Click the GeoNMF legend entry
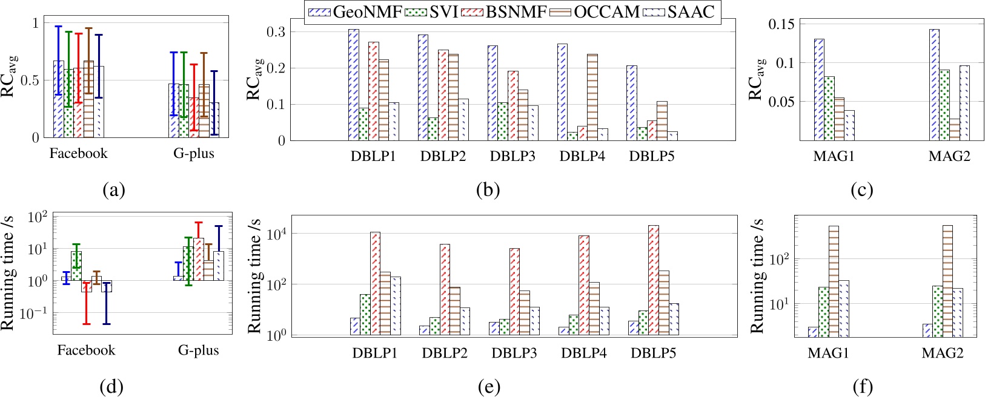[x=354, y=12]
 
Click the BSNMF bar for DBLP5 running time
[x=654, y=280]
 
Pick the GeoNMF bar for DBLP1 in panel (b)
[x=353, y=85]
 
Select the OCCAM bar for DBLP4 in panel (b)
[x=592, y=97]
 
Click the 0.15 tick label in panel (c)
[x=781, y=24]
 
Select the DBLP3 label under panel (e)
[x=514, y=353]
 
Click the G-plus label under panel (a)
[x=194, y=154]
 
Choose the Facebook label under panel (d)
[x=86, y=350]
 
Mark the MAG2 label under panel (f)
[x=943, y=353]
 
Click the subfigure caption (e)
[x=488, y=387]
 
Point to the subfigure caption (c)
[x=861, y=190]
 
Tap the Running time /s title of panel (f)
[x=757, y=275]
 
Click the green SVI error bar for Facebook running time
[x=76, y=255]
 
